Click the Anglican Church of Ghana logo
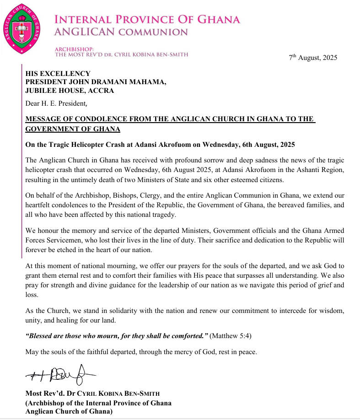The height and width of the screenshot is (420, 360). coord(23,27)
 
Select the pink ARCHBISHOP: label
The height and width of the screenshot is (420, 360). coord(74,48)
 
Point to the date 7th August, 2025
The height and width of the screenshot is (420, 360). coord(313,58)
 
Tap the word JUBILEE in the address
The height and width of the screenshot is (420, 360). coord(43,91)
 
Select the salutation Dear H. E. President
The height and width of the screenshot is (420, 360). coord(55,103)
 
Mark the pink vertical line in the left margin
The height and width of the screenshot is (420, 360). coord(21,160)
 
